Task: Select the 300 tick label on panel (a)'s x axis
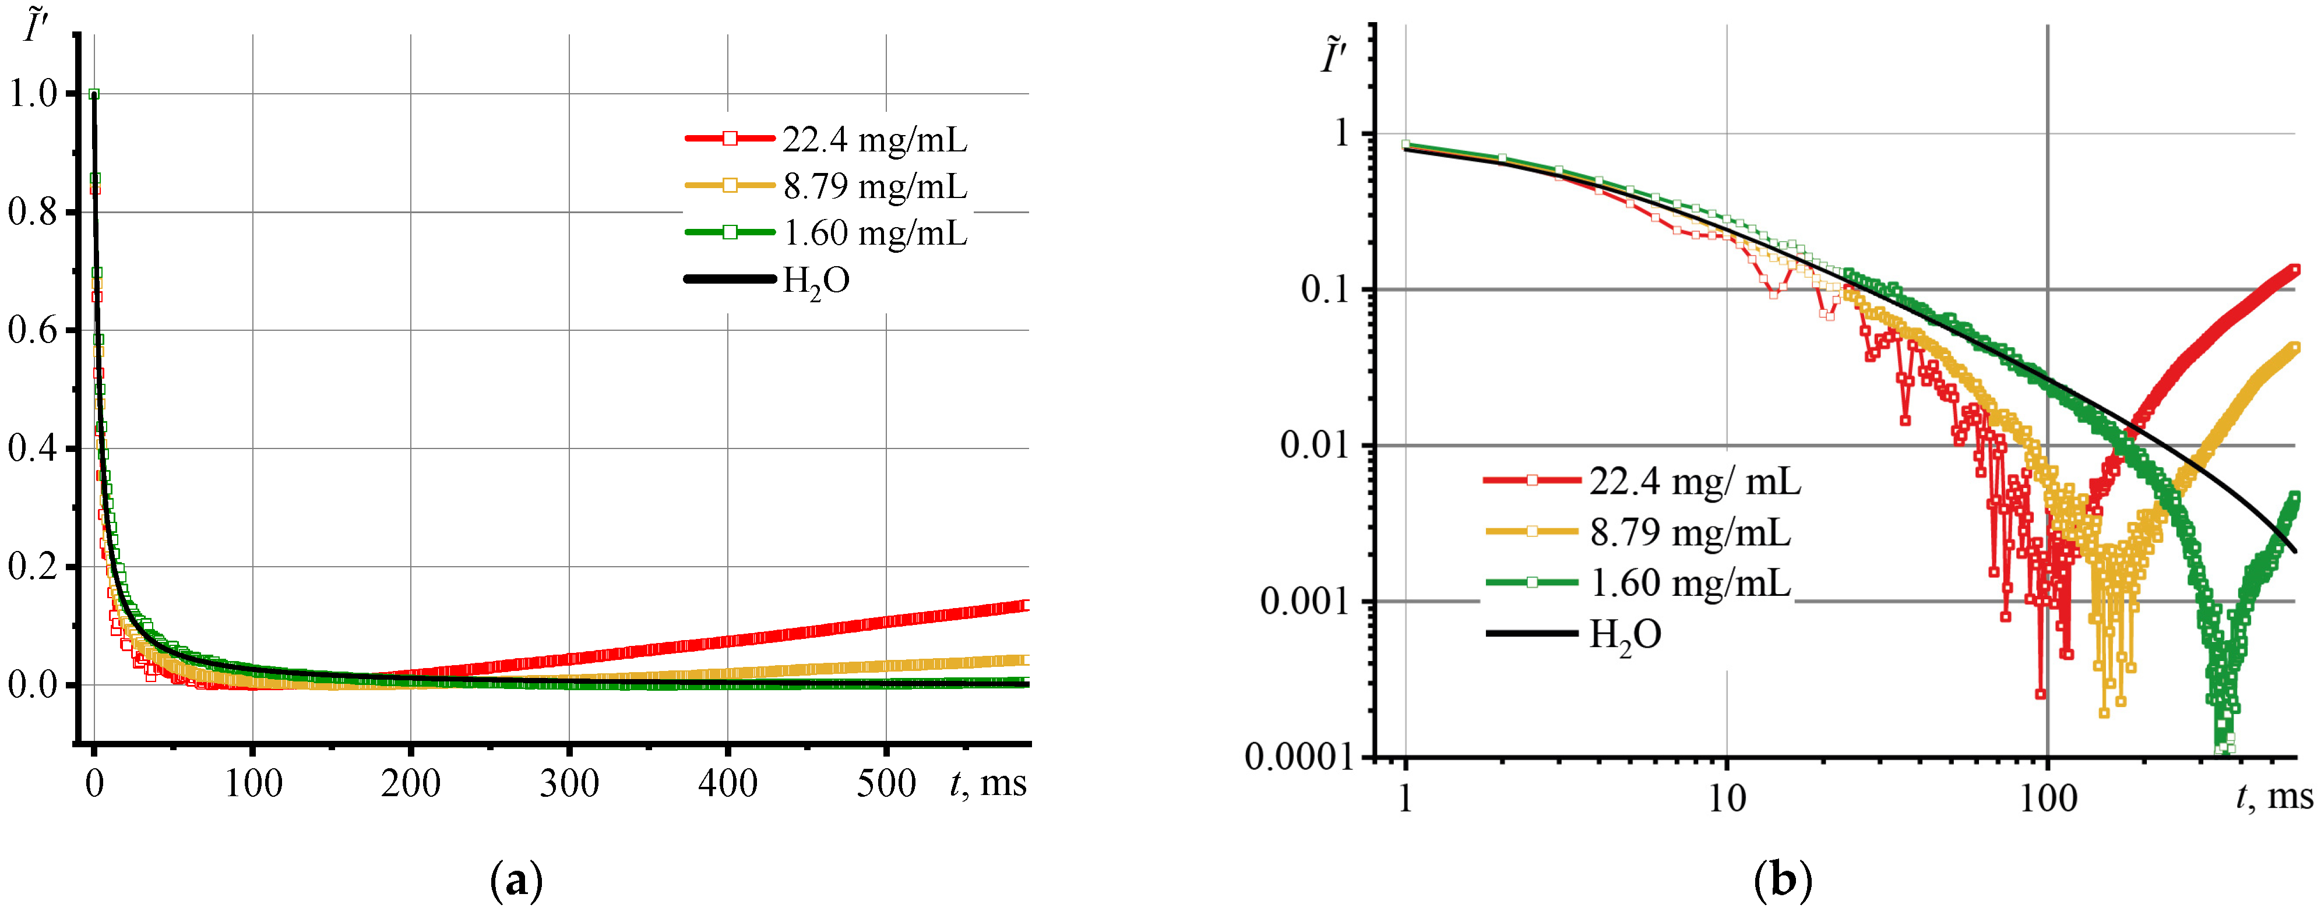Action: coord(569,783)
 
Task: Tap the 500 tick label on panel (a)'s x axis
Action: coord(886,783)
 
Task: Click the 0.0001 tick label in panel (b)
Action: coord(1298,757)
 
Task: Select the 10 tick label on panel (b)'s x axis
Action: coord(1727,798)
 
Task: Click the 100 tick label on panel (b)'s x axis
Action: coord(2047,798)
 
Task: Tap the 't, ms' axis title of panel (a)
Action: coord(988,783)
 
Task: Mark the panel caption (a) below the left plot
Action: coord(516,881)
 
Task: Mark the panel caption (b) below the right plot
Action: coord(1784,881)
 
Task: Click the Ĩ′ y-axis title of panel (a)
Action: coord(36,26)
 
